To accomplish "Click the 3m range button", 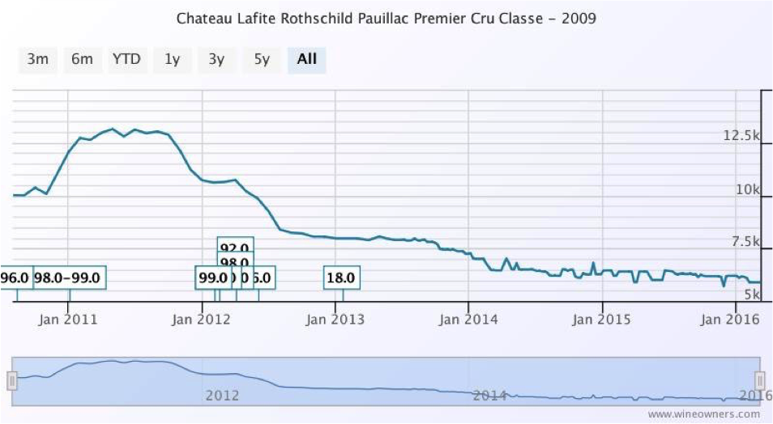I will coord(38,60).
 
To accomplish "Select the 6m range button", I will coord(82,60).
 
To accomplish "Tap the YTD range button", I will coord(126,60).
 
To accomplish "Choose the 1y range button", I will coord(172,60).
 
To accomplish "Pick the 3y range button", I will coord(216,60).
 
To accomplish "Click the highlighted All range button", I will coord(307,60).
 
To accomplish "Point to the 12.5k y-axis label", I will coord(741,136).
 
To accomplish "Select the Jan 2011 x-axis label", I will coord(68,319).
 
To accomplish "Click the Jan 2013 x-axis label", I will coord(335,319).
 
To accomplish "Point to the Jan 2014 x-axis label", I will coord(468,319).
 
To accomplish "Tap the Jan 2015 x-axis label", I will coord(601,319).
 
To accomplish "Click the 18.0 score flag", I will coord(341,278).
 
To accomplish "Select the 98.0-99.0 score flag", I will coord(70,278).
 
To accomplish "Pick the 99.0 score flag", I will coord(212,278).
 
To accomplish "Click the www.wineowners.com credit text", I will coord(703,413).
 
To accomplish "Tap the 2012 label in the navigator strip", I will coord(222,396).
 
